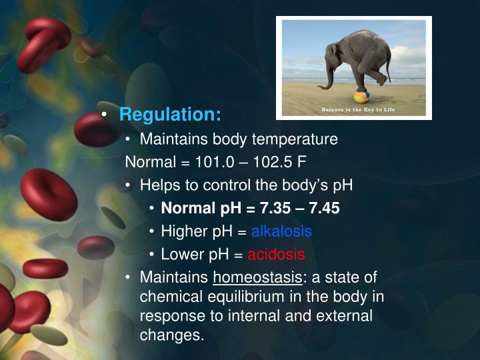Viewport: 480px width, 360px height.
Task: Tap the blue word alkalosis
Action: [281, 231]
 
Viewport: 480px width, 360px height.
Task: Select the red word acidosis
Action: [276, 254]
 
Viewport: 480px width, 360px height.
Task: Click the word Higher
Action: [183, 231]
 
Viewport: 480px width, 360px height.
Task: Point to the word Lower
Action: [181, 254]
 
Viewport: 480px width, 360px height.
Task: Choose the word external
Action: [345, 315]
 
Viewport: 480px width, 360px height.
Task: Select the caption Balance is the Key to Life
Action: [353, 109]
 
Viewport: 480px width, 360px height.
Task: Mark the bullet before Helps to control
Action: [129, 185]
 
